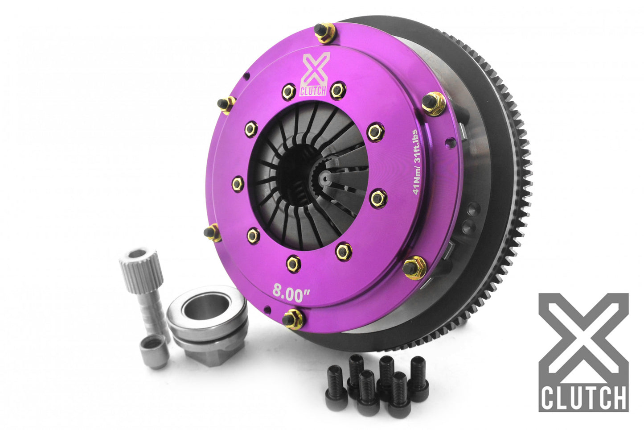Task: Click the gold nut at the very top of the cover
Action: pos(324,33)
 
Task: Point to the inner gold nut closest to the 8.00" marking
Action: pos(293,263)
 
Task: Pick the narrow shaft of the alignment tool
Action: pos(149,308)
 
